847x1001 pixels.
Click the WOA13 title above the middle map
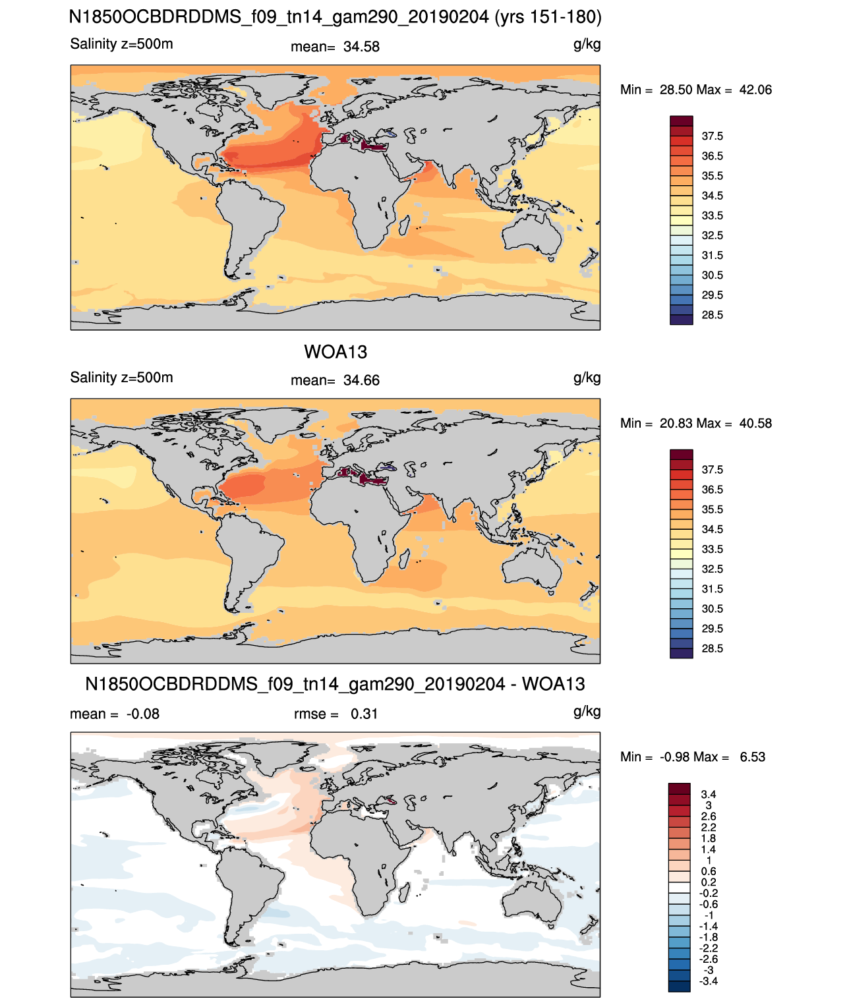coord(335,352)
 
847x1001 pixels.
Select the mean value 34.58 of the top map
coord(361,47)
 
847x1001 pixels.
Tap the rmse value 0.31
coord(364,714)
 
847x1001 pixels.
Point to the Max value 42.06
coord(755,90)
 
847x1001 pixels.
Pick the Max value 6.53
coord(752,757)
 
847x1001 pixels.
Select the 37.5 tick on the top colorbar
coord(712,136)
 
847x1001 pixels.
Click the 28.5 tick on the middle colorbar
coord(712,648)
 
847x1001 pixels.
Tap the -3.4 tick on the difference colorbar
coord(709,981)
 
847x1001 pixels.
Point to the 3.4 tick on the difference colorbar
coord(708,794)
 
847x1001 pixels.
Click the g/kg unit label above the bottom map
coord(587,712)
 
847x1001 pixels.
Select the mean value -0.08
coord(142,714)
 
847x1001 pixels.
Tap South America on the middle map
coord(247,552)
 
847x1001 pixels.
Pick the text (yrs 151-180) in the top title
coord(548,17)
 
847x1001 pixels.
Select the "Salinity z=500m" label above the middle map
coord(121,378)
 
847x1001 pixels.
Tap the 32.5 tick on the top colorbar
coord(712,235)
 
